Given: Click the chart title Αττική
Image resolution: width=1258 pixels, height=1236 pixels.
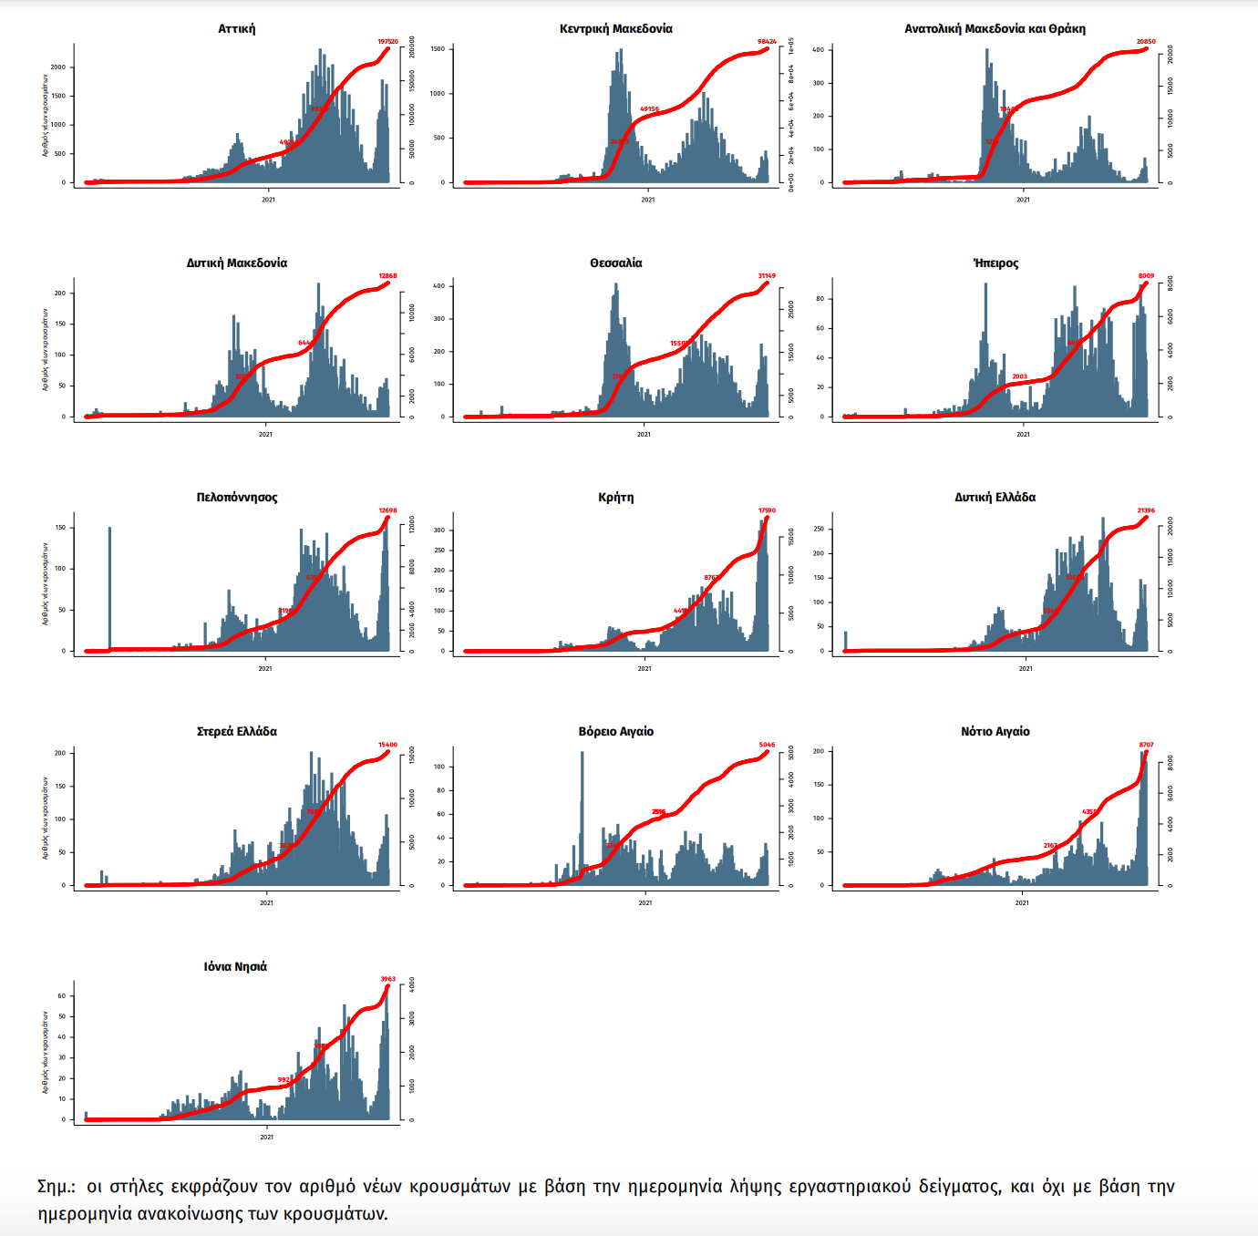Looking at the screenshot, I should (x=236, y=29).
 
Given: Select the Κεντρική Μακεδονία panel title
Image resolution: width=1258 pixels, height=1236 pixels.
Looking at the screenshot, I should (x=616, y=29).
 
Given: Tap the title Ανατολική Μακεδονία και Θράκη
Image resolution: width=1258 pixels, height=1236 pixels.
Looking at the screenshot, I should (x=995, y=29).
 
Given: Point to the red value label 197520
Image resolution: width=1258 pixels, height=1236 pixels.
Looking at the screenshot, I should (x=387, y=42).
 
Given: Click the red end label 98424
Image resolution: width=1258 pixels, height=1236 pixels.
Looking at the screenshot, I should (x=767, y=42).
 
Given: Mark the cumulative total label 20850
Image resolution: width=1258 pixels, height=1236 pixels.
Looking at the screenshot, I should (x=1146, y=42).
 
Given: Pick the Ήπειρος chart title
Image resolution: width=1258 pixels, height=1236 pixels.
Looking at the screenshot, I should (x=995, y=263).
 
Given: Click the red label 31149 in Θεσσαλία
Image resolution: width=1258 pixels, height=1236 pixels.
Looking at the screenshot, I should (x=767, y=276).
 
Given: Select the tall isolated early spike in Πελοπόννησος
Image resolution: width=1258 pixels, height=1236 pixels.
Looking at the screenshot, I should (x=109, y=583).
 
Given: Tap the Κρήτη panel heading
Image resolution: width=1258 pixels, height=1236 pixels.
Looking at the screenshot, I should (x=616, y=498).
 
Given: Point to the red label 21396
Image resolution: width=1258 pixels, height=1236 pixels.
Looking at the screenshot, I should (x=1146, y=510).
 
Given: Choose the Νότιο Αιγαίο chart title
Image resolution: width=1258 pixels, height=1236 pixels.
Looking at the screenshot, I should (x=995, y=732).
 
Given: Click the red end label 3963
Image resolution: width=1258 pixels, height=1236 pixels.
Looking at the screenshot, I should (x=387, y=979).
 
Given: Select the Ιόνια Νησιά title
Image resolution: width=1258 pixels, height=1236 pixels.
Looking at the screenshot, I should (x=235, y=967).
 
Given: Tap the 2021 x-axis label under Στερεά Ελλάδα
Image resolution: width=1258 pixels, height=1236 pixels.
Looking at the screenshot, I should (x=266, y=903).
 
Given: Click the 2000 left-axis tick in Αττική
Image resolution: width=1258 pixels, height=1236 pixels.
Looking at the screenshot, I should (x=58, y=67).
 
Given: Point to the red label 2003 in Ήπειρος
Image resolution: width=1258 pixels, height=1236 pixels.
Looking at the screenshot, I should (x=1019, y=376).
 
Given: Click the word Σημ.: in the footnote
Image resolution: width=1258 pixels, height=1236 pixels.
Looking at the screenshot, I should (x=57, y=1187).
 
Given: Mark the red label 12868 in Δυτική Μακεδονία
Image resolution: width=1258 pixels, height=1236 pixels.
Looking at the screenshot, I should (x=387, y=276).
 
